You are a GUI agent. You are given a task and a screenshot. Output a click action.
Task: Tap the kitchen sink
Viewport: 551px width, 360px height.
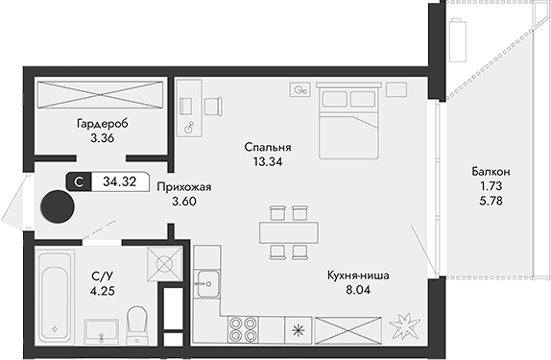(206, 282)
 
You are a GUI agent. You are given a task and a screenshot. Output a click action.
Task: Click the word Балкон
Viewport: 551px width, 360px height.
(491, 171)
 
